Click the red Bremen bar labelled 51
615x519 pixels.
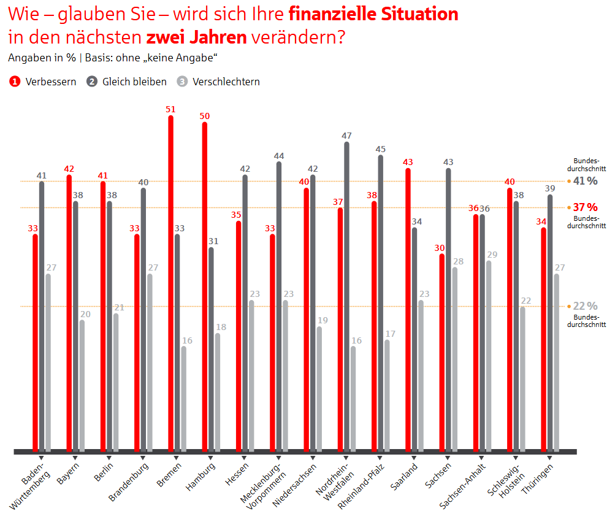coord(170,282)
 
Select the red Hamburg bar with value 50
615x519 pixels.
coord(204,286)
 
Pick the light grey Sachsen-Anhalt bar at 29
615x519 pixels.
coord(488,356)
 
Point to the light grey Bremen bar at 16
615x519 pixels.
coord(183,399)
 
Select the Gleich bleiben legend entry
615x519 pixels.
coord(128,82)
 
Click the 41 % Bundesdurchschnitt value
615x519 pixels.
coord(585,180)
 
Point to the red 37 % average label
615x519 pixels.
coord(585,207)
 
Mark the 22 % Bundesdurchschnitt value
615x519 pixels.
coord(585,306)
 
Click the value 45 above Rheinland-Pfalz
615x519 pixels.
coord(380,149)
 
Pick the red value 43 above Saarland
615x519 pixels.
coord(408,162)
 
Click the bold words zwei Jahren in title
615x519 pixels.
coord(196,37)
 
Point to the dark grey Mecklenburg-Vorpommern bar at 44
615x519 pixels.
coord(279,306)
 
